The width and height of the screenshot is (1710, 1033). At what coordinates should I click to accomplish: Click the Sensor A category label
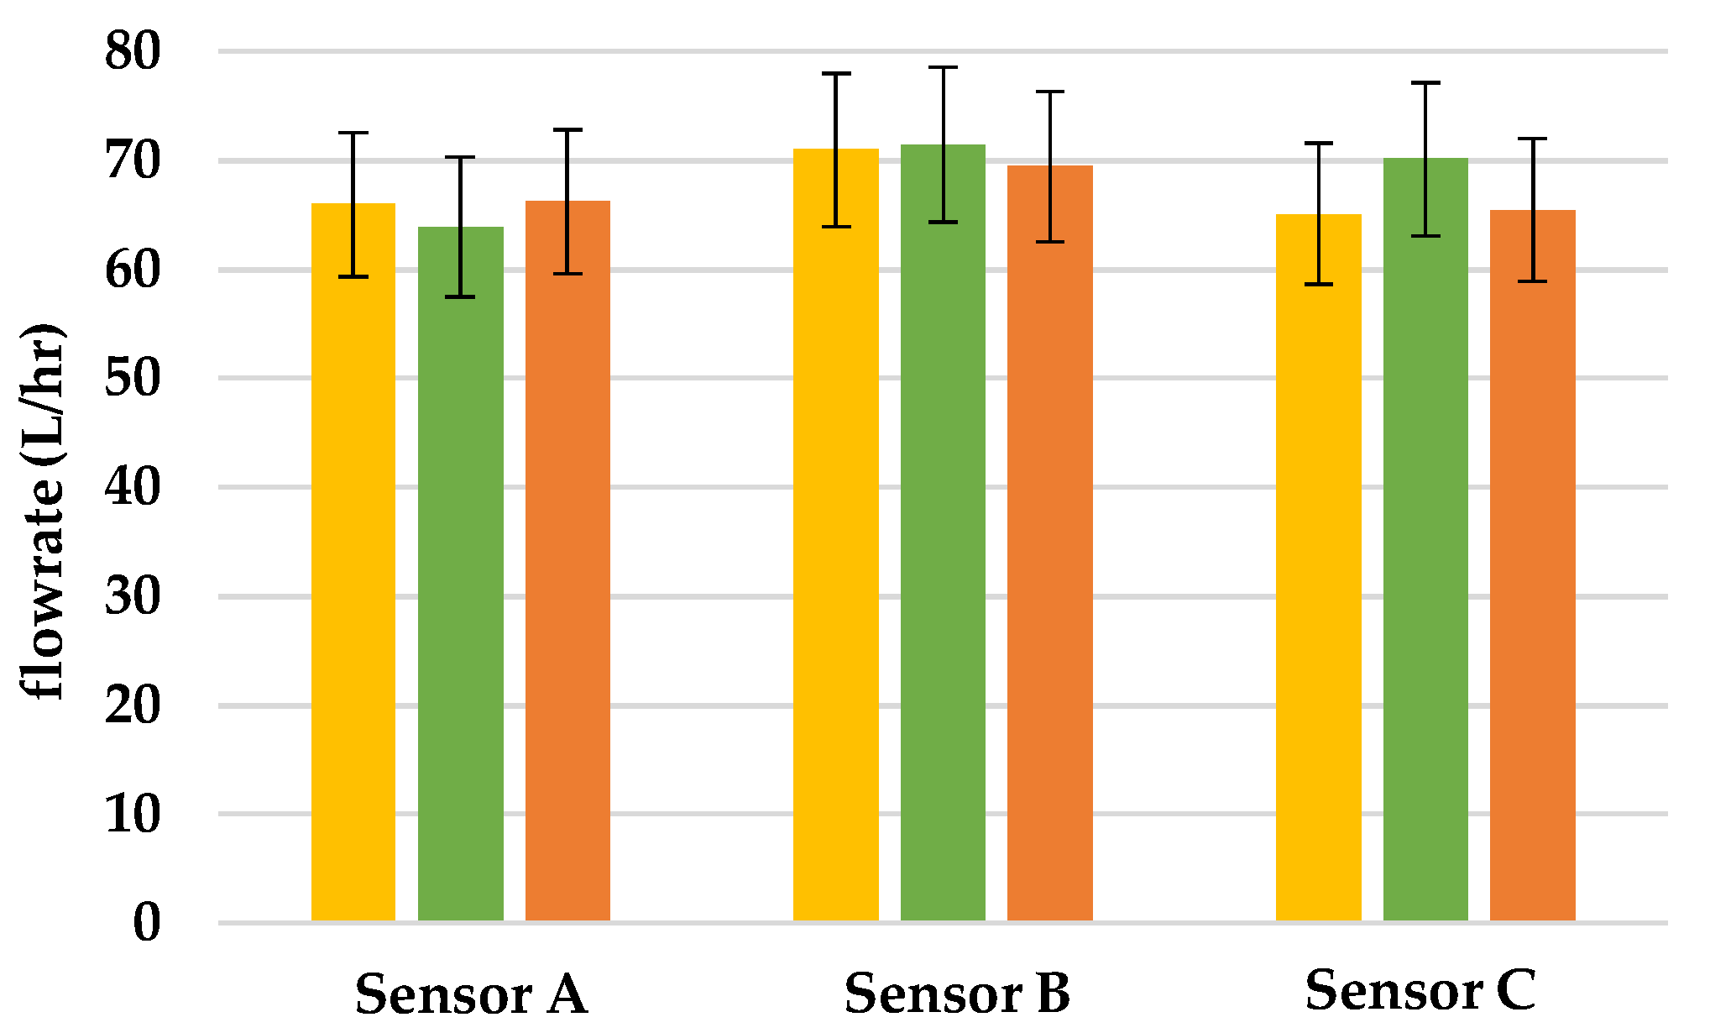click(471, 994)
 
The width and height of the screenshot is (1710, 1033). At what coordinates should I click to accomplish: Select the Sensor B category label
click(957, 994)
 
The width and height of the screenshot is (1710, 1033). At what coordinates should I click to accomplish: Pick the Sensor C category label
click(1420, 990)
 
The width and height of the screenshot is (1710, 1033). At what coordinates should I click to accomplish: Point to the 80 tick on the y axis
click(132, 51)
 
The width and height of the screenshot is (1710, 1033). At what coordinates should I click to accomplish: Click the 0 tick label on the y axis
click(146, 923)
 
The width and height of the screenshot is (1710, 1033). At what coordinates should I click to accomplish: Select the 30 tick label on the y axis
click(132, 597)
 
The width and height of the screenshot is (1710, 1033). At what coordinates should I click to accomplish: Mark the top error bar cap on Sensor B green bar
click(943, 67)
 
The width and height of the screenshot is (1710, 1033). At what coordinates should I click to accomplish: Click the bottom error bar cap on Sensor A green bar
click(461, 296)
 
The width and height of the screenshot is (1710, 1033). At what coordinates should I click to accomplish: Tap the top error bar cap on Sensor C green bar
click(1425, 83)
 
